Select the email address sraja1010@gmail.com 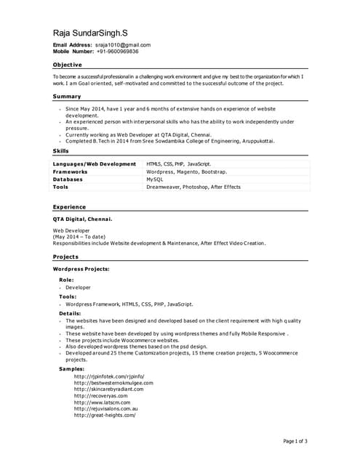pos(123,45)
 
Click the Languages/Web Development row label pos(95,164)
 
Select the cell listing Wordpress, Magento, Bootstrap pos(187,171)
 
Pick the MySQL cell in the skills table pos(155,179)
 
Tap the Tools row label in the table pos(61,187)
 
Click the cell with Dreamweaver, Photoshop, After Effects pos(193,187)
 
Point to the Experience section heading pos(69,207)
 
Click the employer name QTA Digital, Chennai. pos(83,219)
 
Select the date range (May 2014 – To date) pos(79,237)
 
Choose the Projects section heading pos(65,257)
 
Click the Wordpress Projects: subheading pos(81,269)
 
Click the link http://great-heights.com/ pos(105,415)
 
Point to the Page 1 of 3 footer pos(295,441)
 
